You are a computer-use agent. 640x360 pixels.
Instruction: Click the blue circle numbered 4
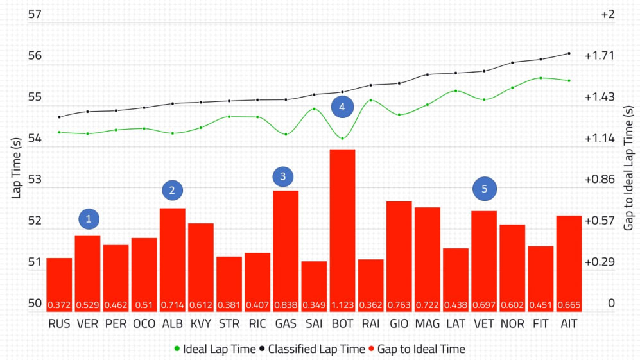pos(342,107)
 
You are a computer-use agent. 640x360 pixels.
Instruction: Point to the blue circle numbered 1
pos(89,219)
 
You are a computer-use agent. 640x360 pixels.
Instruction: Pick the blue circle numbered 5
pos(485,189)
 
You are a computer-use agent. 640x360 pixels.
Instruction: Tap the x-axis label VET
pos(483,324)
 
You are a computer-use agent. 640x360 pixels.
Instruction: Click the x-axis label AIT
pos(569,324)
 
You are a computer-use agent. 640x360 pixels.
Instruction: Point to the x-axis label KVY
pos(201,324)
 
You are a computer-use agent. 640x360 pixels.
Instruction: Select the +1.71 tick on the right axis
pos(600,56)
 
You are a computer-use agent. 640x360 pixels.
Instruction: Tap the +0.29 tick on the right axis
pos(600,262)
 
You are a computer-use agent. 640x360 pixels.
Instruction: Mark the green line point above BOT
pos(342,138)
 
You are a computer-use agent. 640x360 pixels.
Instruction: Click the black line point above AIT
pos(569,53)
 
